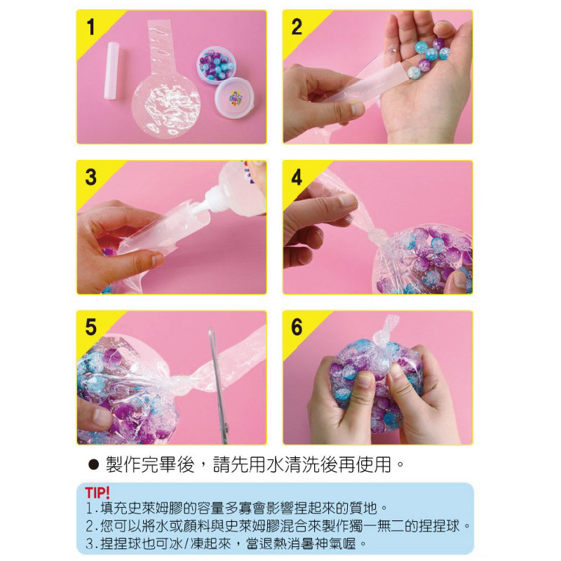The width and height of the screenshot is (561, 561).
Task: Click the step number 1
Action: (x=91, y=27)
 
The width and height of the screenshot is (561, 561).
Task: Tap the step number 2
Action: (x=297, y=27)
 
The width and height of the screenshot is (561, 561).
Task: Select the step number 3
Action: (x=91, y=177)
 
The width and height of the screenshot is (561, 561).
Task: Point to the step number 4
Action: (x=297, y=177)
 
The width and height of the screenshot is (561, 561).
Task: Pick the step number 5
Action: (x=91, y=327)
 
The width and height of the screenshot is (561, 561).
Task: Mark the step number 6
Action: (x=297, y=327)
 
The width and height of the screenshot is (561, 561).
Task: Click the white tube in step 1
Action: (x=111, y=71)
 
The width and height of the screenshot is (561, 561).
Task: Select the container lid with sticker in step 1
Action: (x=234, y=97)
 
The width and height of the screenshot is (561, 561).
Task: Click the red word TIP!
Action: (x=97, y=493)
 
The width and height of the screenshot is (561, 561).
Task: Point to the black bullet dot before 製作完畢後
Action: (x=93, y=465)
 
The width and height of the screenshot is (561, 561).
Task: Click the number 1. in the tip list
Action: (x=91, y=508)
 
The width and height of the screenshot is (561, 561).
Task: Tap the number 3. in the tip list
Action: (x=91, y=544)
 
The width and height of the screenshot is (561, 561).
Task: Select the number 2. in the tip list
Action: (x=91, y=526)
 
